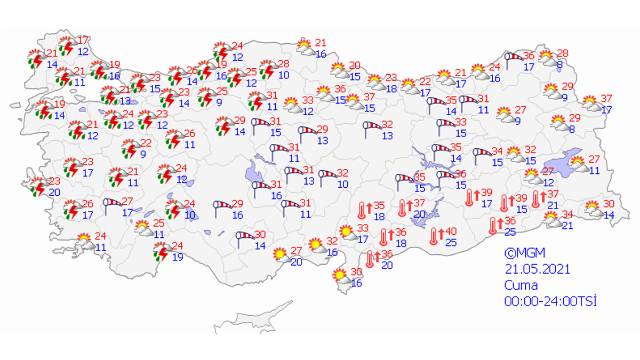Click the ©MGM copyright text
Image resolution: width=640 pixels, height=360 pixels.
[525, 252]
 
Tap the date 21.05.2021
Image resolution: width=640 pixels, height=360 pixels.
[537, 269]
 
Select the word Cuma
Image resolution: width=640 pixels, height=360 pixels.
[521, 285]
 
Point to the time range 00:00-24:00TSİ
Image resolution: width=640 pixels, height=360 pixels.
[550, 301]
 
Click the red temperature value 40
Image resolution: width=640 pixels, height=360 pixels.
[451, 231]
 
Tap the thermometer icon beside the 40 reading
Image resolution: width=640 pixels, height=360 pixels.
[435, 236]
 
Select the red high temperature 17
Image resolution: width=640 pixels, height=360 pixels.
[83, 41]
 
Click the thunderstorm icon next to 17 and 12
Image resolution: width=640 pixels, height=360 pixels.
[67, 47]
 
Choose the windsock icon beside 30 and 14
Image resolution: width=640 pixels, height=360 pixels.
[245, 238]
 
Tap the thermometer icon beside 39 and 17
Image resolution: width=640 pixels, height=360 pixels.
[469, 197]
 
